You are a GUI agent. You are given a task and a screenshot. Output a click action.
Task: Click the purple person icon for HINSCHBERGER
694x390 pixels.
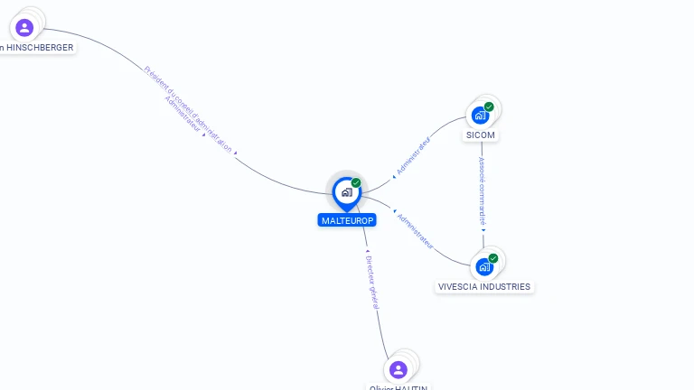[x=24, y=27]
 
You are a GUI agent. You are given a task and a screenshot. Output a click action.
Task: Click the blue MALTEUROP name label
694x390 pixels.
[x=347, y=220]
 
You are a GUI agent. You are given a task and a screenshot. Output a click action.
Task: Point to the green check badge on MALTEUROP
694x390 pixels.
[x=356, y=183]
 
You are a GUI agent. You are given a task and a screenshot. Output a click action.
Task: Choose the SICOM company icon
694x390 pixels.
[x=480, y=116]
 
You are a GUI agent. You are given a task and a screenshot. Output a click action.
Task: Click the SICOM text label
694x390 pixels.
[x=481, y=135]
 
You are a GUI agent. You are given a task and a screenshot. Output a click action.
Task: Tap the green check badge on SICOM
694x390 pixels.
[x=489, y=107]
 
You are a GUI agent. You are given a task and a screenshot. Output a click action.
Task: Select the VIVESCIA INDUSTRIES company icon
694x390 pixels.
[x=484, y=266]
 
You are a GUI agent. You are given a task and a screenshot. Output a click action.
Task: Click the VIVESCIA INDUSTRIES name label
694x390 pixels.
[x=484, y=287]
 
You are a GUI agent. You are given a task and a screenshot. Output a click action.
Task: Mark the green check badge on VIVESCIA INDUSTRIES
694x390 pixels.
[x=493, y=258]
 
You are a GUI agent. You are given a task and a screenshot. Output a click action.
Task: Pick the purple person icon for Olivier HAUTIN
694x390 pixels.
[x=399, y=369]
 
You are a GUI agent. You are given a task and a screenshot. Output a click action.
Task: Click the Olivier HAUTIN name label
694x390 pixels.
[x=399, y=387]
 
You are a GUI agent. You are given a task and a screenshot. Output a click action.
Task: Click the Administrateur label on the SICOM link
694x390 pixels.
[x=414, y=155]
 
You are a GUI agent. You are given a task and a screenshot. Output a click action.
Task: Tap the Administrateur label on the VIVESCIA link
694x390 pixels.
[x=416, y=231]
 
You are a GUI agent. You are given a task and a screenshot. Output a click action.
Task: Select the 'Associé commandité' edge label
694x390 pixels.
[x=483, y=191]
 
